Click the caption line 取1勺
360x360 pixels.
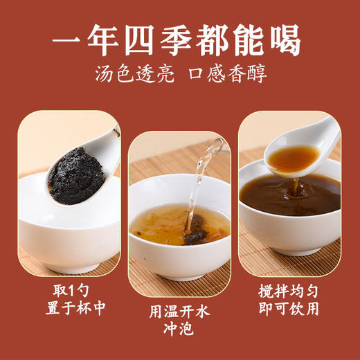pos(69,289)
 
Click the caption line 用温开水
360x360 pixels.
pos(180,312)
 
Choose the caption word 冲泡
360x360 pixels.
pos(180,331)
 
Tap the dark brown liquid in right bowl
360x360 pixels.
pos(277,197)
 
